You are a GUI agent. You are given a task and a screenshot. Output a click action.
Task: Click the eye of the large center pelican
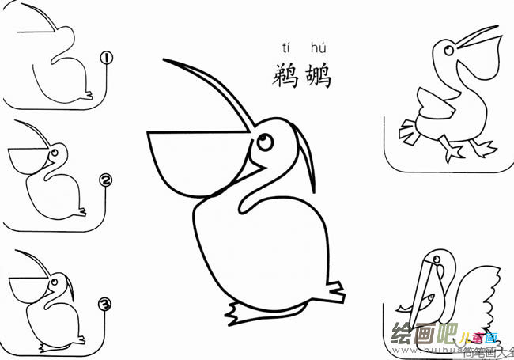(263, 141)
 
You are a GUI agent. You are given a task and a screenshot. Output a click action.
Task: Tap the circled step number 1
(106, 58)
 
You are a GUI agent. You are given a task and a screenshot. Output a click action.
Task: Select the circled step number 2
(106, 181)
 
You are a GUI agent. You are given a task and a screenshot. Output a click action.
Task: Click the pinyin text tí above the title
(286, 48)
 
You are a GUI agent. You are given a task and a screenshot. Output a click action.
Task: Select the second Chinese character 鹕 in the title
(317, 75)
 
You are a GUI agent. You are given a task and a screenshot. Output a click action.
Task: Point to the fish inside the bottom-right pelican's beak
(423, 302)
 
